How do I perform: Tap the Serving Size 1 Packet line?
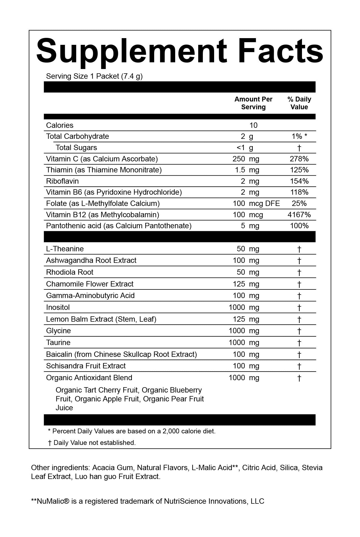(x=94, y=76)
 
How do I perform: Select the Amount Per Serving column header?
(x=253, y=103)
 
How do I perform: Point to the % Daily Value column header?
(x=299, y=103)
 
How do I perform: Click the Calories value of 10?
(x=253, y=125)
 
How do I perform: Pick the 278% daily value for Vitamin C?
(x=299, y=159)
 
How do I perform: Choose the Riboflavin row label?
(x=62, y=181)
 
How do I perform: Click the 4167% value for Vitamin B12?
(x=299, y=215)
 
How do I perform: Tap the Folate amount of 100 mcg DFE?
(x=256, y=204)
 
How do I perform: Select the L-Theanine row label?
(x=65, y=249)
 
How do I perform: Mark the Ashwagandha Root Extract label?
(x=91, y=260)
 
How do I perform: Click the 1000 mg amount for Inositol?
(x=244, y=307)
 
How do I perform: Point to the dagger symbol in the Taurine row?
(x=299, y=343)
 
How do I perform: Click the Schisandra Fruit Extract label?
(x=86, y=366)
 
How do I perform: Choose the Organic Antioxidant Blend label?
(x=89, y=378)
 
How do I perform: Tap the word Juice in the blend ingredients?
(x=64, y=408)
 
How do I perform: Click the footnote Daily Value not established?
(x=94, y=443)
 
